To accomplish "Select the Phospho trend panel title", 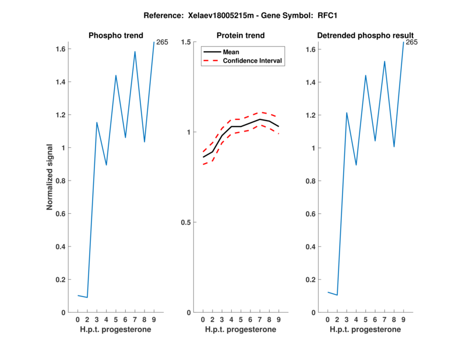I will coord(115,36).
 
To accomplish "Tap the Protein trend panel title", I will coord(241,36).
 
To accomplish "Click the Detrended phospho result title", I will coord(365,36).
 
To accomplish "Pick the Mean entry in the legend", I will coord(231,52).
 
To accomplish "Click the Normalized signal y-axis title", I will coord(51,177).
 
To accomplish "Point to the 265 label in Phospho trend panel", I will coord(163,42).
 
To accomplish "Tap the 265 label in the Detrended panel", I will coord(412,42).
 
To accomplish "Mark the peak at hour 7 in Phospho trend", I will coord(135,51).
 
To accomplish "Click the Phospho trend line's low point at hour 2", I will coord(87,297).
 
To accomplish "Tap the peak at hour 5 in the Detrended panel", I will coord(366,75).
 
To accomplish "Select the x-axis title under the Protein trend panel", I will coord(241,330).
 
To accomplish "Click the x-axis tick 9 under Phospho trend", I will coord(154,319).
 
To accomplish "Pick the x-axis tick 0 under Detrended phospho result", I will coord(327,319).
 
